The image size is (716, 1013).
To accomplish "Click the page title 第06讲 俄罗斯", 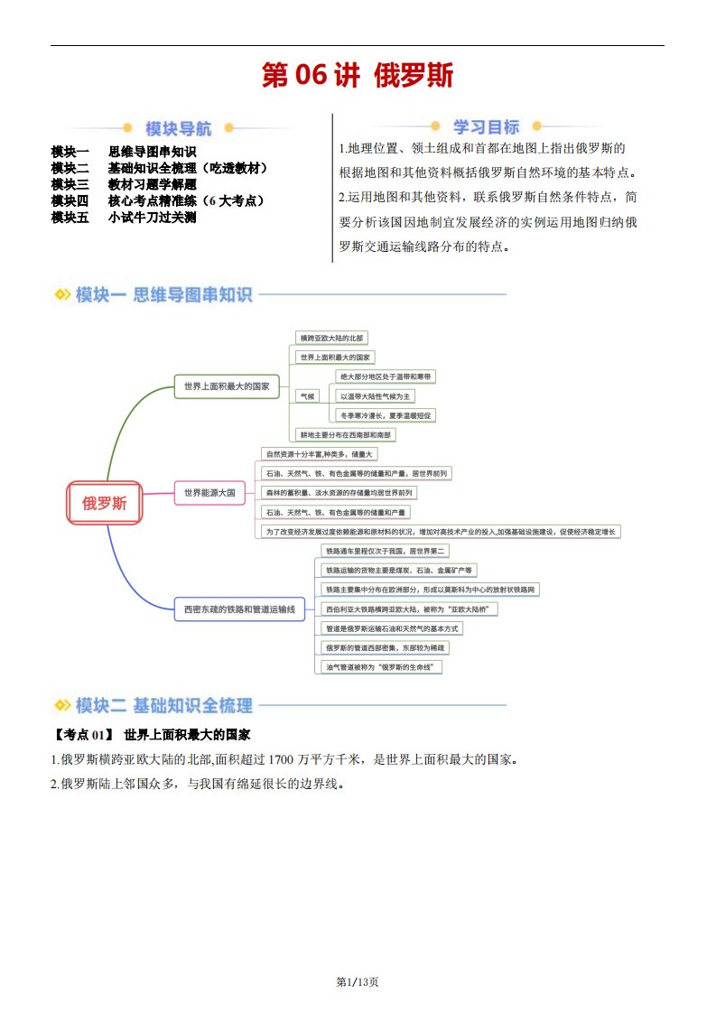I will (x=358, y=75).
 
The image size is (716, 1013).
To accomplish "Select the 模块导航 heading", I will (x=179, y=128).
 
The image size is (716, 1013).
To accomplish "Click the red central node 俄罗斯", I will (x=105, y=503).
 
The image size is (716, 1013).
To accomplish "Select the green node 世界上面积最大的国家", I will (x=227, y=386).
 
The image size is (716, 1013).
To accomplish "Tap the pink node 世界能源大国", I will (x=209, y=493).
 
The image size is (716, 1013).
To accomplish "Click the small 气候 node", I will (x=308, y=395).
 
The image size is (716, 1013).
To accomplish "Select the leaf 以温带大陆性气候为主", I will (x=375, y=395).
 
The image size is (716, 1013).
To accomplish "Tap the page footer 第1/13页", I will (x=358, y=981).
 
